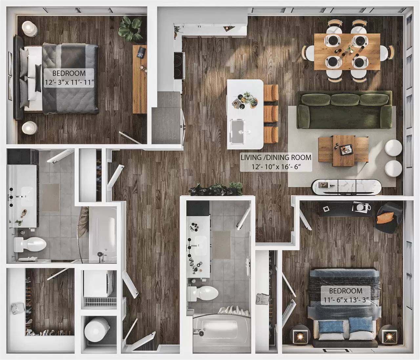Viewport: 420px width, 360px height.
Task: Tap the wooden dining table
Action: point(347,51)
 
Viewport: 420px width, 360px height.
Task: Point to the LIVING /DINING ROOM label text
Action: point(276,158)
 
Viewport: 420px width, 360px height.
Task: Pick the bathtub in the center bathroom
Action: point(218,329)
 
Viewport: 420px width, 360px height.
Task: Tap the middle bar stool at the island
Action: point(271,114)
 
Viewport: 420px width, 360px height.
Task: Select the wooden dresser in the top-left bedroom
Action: point(139,79)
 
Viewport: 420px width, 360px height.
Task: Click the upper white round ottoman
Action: point(392,148)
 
